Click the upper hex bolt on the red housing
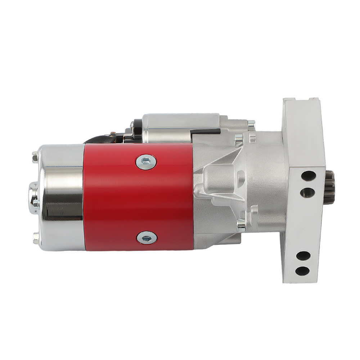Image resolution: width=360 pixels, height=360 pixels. (x=146, y=162)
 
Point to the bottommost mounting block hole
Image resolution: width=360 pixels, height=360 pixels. (x=303, y=271)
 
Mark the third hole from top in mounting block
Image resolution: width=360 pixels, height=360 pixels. (x=304, y=256)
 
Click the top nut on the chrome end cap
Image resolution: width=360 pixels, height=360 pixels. (x=35, y=157)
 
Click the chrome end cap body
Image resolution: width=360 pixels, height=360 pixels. (x=61, y=198)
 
